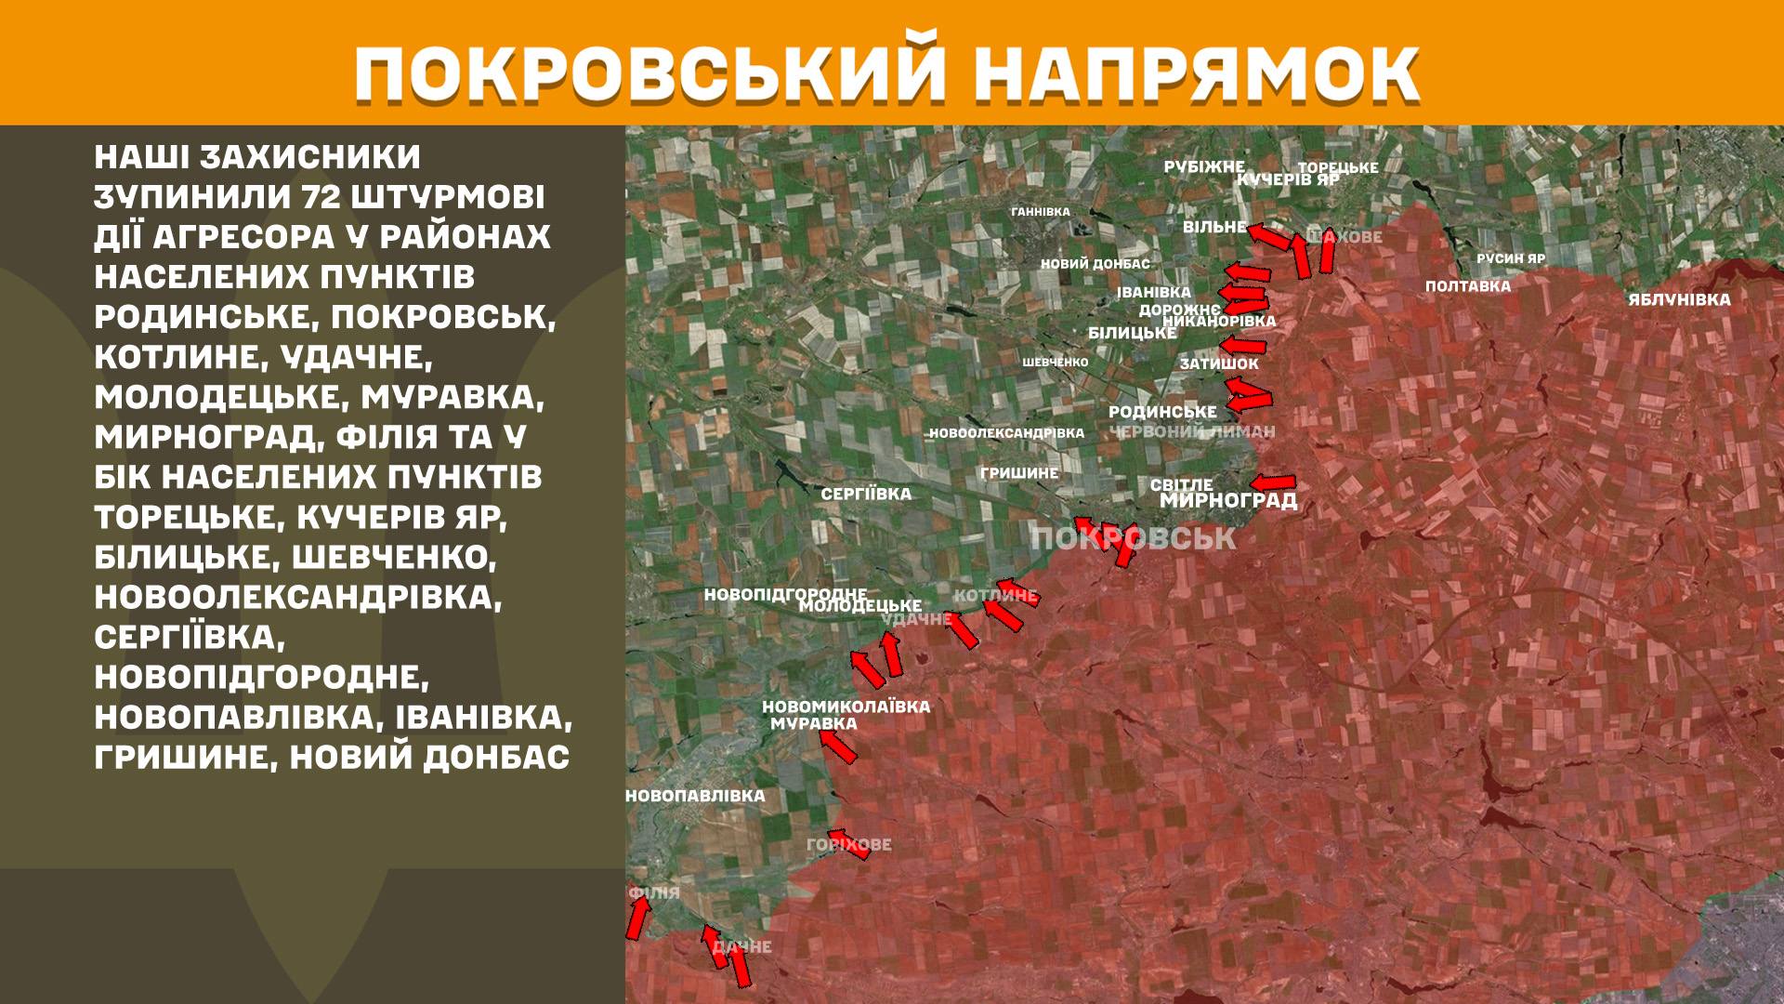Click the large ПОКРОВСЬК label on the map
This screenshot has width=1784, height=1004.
pyautogui.click(x=1134, y=538)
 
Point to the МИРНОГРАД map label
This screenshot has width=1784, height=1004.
pyautogui.click(x=1228, y=501)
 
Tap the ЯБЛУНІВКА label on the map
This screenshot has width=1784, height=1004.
pyautogui.click(x=1679, y=299)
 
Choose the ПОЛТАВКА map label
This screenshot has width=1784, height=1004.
pyautogui.click(x=1468, y=286)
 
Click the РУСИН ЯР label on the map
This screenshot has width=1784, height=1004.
pyautogui.click(x=1511, y=258)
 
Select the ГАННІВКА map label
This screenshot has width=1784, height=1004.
pyautogui.click(x=1041, y=212)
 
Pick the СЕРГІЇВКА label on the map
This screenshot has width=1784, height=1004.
pyautogui.click(x=866, y=494)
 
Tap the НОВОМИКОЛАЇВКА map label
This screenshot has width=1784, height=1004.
pyautogui.click(x=846, y=707)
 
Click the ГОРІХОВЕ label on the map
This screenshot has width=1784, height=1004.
pyautogui.click(x=849, y=844)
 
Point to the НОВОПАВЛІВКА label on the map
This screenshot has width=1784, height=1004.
pyautogui.click(x=695, y=796)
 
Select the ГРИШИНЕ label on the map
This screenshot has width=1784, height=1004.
pyautogui.click(x=1019, y=473)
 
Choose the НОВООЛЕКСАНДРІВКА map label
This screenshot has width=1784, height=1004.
pyautogui.click(x=1006, y=433)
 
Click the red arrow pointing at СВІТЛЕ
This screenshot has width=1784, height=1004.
pyautogui.click(x=1273, y=482)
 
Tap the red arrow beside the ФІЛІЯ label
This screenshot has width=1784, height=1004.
pyautogui.click(x=637, y=919)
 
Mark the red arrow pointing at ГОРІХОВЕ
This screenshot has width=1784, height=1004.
pyautogui.click(x=848, y=843)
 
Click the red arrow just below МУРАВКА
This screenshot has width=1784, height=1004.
pyautogui.click(x=838, y=746)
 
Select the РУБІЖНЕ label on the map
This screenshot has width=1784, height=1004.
pyautogui.click(x=1204, y=167)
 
